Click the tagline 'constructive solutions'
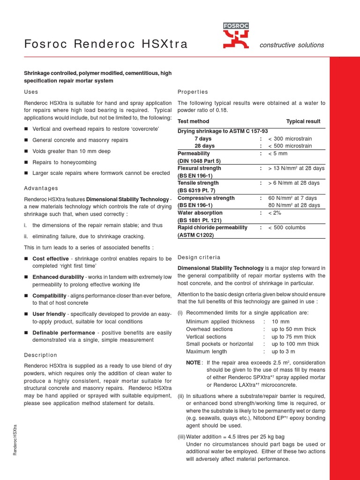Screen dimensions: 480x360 [292, 45]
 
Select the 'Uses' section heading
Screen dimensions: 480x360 [31, 92]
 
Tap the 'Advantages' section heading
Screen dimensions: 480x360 [41, 188]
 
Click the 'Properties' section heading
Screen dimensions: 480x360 [193, 92]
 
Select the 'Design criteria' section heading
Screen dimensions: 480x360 [199, 257]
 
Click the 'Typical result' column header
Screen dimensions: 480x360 [303, 121]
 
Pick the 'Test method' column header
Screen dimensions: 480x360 [194, 121]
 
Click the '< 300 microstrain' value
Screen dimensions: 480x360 [290, 139]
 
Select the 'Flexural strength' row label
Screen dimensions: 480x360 [199, 168]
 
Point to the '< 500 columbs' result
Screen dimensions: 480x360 [287, 227]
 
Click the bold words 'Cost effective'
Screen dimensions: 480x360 [51, 259]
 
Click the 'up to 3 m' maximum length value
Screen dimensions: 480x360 [284, 352]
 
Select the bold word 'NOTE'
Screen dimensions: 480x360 [194, 363]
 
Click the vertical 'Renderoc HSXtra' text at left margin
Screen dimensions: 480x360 [15, 441]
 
